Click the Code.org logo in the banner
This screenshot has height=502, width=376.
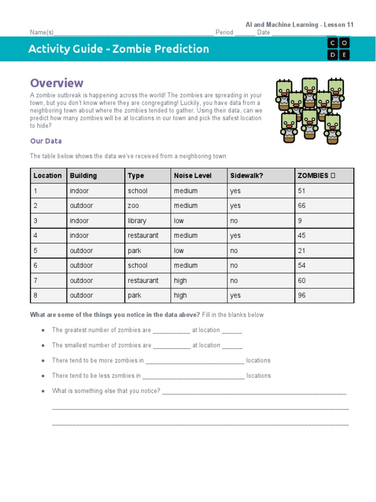click(338, 49)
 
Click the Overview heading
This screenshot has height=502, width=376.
click(57, 83)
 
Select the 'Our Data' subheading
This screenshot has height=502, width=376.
click(46, 141)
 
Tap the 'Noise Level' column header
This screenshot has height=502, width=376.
click(193, 176)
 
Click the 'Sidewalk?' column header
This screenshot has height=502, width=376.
click(246, 176)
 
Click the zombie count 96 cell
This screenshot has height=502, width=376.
click(302, 295)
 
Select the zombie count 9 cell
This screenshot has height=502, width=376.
click(300, 221)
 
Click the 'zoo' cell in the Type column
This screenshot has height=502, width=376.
click(133, 205)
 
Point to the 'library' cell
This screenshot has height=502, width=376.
click(137, 221)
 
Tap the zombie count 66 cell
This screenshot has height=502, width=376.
click(302, 205)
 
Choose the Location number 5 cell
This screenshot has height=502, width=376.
click(35, 251)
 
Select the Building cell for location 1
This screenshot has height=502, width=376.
click(79, 191)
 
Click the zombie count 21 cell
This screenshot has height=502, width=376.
click(302, 251)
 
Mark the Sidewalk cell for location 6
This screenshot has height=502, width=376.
click(234, 265)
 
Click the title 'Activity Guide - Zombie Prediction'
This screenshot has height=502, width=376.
click(118, 49)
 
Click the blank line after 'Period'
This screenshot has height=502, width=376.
click(245, 33)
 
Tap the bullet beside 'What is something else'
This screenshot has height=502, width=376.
click(44, 391)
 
